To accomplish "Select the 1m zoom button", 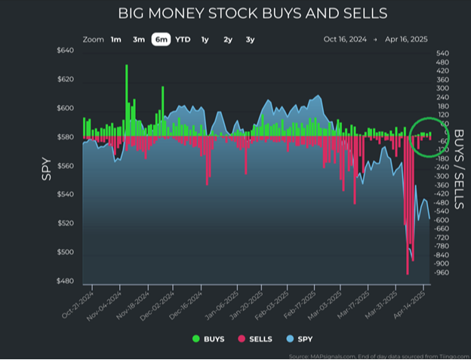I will [x=115, y=39].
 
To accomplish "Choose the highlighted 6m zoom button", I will [x=160, y=39].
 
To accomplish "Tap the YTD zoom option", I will [x=183, y=39].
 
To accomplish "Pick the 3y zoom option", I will [x=250, y=39].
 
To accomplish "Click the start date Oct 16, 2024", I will [x=344, y=39].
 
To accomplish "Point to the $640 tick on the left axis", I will [x=65, y=51].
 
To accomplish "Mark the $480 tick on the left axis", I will [x=65, y=282].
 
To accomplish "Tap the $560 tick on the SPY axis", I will [x=65, y=166].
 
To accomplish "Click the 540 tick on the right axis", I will [x=443, y=54].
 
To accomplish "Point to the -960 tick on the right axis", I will [x=443, y=272].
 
